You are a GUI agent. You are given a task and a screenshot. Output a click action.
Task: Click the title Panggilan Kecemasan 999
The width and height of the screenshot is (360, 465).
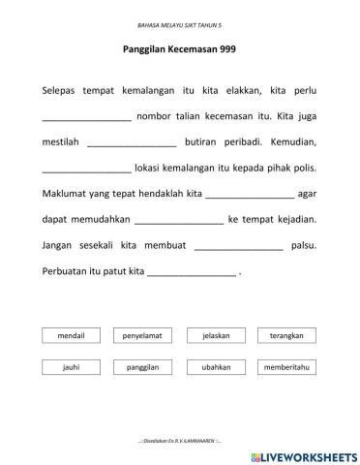coord(180,48)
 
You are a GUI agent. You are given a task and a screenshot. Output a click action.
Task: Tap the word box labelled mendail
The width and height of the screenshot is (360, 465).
coord(72,336)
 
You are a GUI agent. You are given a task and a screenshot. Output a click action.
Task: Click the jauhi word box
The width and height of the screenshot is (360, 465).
coord(72,368)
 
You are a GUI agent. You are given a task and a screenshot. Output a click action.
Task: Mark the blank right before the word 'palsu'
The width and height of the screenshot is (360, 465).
coord(238,247)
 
